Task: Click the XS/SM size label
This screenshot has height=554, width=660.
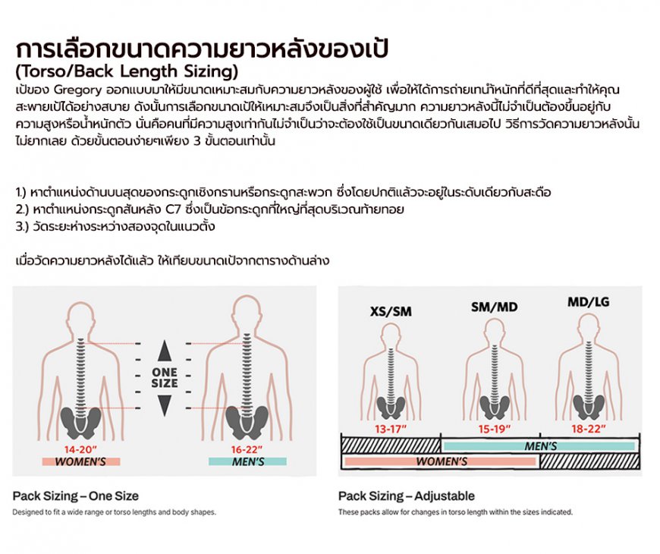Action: (x=391, y=311)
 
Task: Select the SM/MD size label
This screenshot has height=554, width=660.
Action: (x=494, y=307)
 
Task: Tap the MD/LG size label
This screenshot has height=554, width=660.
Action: (x=588, y=302)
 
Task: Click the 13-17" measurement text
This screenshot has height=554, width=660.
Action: (x=391, y=429)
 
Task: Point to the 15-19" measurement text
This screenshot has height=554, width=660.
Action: (x=494, y=429)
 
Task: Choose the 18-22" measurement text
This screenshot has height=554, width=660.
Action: (x=589, y=429)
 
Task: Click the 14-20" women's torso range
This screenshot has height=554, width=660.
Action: (x=80, y=449)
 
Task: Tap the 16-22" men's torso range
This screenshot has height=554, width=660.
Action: (x=247, y=449)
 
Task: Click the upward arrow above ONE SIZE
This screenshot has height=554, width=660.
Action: (x=165, y=351)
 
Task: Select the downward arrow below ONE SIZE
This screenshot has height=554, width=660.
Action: (x=165, y=405)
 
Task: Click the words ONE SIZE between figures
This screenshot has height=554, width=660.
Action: (x=165, y=378)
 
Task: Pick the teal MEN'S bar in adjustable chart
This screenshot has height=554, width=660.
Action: (x=539, y=446)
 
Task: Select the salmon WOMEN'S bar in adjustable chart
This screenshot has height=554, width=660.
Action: (x=440, y=461)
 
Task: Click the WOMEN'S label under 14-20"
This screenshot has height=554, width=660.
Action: (x=80, y=462)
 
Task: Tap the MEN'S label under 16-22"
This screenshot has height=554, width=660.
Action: (x=248, y=462)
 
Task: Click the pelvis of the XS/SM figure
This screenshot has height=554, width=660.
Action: (x=391, y=407)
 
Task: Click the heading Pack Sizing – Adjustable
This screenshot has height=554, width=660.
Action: (x=406, y=496)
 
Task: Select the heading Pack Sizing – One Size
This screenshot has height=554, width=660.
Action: (x=75, y=496)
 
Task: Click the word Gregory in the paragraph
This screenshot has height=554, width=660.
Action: (x=78, y=90)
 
